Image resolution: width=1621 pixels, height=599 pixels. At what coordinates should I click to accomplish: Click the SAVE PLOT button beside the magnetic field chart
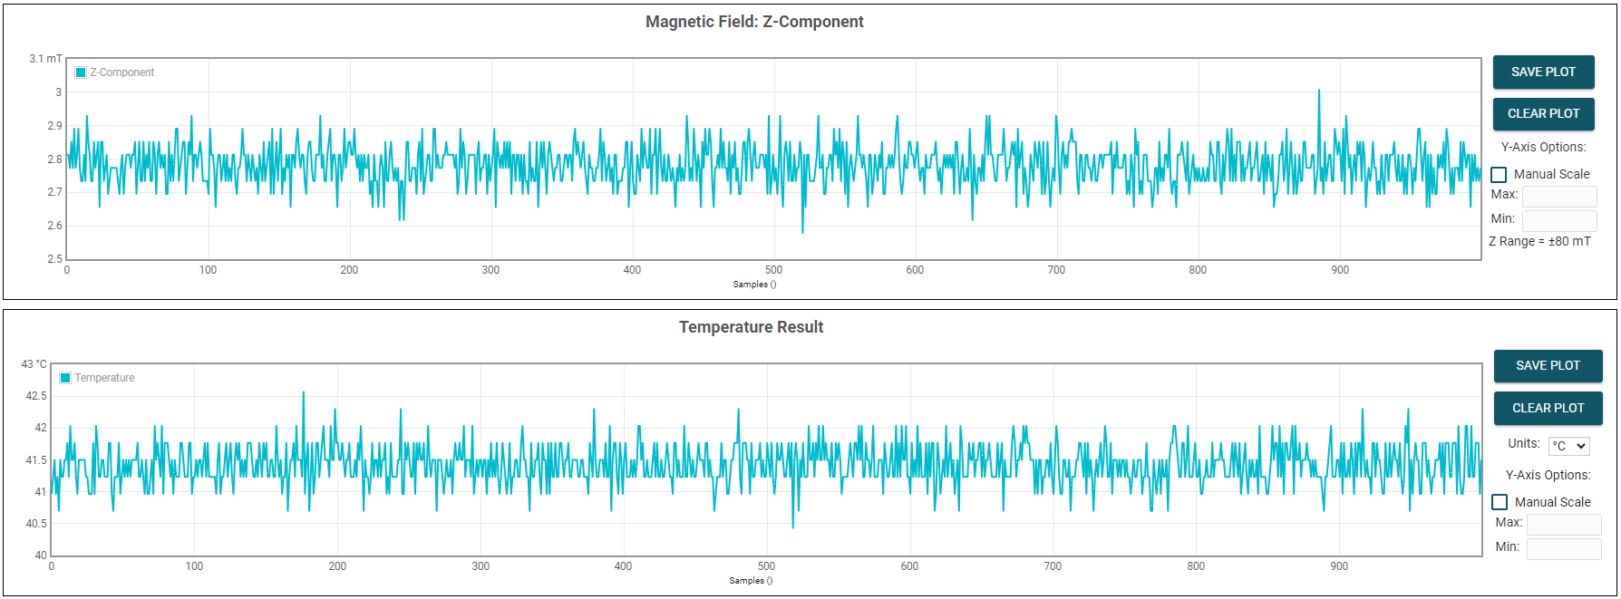(1543, 72)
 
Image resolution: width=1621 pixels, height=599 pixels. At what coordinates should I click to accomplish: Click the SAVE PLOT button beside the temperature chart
(1548, 366)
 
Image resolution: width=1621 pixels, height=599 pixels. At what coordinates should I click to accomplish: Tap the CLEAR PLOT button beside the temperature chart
(1548, 409)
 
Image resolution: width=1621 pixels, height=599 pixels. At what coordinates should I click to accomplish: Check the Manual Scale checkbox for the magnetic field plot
(1499, 175)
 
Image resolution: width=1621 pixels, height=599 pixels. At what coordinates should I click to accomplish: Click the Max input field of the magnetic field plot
(1558, 196)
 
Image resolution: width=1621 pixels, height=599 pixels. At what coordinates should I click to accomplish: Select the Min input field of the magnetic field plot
(1558, 220)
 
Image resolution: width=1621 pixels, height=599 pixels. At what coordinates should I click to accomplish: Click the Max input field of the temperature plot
(1563, 524)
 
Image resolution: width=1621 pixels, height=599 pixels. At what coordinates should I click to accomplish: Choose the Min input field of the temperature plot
(1563, 548)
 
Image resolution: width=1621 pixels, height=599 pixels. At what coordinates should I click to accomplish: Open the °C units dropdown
(1568, 446)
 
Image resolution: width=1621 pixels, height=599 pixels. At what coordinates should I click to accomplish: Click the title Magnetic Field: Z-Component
(754, 22)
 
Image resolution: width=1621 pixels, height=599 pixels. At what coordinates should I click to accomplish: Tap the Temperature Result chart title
(751, 327)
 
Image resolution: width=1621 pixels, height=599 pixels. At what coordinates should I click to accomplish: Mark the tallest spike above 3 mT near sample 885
(1319, 90)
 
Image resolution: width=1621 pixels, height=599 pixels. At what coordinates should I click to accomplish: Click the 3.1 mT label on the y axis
(45, 59)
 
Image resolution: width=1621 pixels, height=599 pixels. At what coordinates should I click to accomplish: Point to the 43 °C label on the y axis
(34, 364)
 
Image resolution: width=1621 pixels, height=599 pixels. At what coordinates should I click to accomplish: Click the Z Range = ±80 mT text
(1539, 242)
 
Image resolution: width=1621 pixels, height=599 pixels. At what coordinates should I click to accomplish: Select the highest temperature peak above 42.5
(304, 392)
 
